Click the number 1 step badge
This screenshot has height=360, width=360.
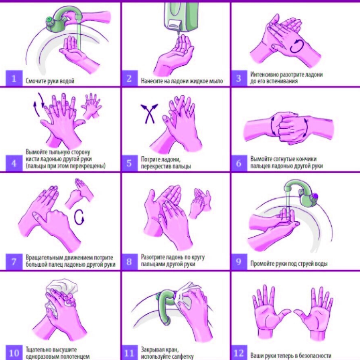14,78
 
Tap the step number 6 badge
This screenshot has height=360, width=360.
239,163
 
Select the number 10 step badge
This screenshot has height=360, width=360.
14,353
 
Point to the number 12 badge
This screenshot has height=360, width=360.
239,353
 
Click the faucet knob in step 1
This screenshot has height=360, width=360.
50,21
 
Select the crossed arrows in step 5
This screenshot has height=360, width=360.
149,113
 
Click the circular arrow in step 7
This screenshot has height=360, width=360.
79,217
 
